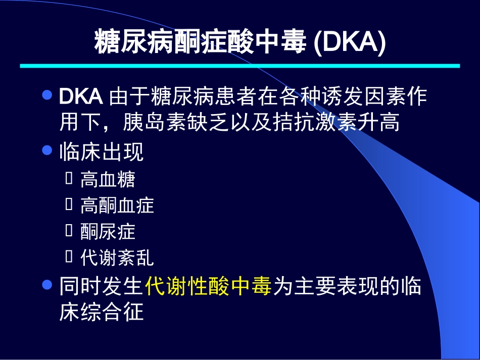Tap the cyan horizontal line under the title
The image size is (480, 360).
pos(239,66)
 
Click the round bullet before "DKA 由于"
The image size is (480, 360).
pos(47,95)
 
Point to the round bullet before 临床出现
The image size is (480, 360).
pos(47,150)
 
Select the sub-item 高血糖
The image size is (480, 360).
pos(108,179)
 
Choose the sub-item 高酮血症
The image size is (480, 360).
pos(117,205)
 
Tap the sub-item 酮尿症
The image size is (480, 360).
pos(108,232)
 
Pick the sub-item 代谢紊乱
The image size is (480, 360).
pos(117,258)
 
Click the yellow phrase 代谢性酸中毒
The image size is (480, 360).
pos(209,286)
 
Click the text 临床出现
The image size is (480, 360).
pos(102,151)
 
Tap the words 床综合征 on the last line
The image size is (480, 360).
pos(102,312)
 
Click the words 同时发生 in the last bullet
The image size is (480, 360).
pos(102,286)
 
